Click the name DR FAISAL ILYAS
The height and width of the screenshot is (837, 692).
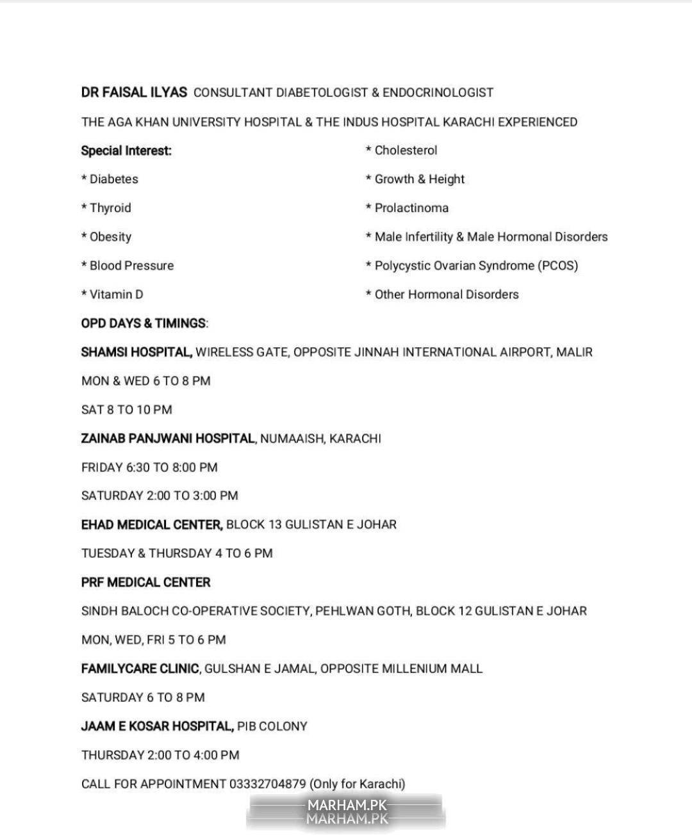(x=134, y=92)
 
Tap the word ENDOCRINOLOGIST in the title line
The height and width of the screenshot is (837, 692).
(x=438, y=93)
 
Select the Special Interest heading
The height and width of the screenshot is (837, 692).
(x=126, y=151)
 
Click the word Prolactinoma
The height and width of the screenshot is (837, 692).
(x=411, y=208)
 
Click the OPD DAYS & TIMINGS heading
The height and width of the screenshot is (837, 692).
(x=144, y=323)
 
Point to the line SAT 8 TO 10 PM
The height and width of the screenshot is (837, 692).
(x=127, y=410)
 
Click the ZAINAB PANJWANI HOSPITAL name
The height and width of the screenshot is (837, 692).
(x=168, y=439)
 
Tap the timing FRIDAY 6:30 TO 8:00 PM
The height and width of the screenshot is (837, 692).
(x=149, y=467)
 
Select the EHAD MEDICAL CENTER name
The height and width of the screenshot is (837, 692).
(x=152, y=524)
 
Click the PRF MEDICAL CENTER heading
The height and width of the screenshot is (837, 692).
(x=146, y=583)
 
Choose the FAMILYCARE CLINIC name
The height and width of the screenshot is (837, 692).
(x=140, y=669)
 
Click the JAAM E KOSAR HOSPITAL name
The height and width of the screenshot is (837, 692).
(x=157, y=726)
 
